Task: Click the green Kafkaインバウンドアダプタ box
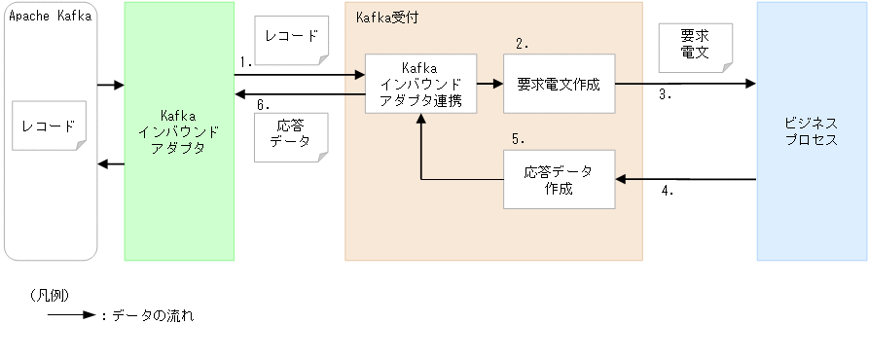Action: [179, 131]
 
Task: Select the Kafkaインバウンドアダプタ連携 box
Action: [421, 85]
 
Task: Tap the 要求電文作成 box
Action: [560, 84]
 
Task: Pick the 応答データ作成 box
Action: [560, 179]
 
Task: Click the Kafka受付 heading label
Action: [387, 18]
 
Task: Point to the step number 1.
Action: [245, 61]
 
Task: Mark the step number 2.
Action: [522, 43]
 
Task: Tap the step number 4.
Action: [668, 192]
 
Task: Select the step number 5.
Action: [519, 138]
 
